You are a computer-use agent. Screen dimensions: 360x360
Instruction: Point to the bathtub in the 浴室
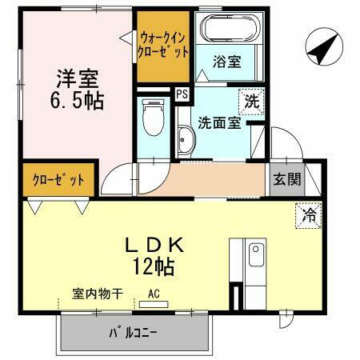(230, 30)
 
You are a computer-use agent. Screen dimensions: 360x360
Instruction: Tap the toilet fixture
(150, 121)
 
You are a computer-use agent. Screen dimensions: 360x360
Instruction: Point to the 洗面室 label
(218, 123)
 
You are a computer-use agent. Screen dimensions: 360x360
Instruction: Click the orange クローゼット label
(58, 179)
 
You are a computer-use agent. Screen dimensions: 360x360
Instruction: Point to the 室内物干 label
(97, 294)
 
